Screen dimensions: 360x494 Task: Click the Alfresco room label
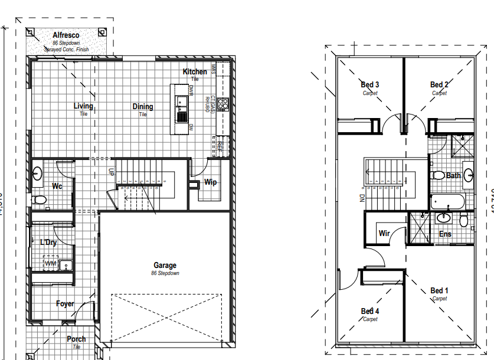click(66, 35)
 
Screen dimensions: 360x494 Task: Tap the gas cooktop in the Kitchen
click(223, 104)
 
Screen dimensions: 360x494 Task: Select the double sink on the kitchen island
click(181, 108)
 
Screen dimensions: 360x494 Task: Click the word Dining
click(143, 107)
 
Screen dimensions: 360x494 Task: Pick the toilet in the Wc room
click(39, 199)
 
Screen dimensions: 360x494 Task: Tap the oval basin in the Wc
click(38, 174)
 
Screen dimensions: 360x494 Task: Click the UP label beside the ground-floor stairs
click(110, 172)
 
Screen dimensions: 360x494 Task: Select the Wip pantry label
click(210, 182)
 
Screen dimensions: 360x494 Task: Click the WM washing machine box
click(51, 263)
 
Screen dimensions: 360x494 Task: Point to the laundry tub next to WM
click(66, 263)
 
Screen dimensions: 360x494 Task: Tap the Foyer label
click(65, 304)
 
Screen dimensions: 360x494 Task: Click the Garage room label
click(165, 266)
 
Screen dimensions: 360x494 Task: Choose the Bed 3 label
click(370, 85)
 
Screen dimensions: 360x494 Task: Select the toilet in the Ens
click(464, 220)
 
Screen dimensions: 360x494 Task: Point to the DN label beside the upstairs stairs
click(361, 198)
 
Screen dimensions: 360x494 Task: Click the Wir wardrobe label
click(384, 234)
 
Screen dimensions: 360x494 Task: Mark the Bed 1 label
click(439, 291)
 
